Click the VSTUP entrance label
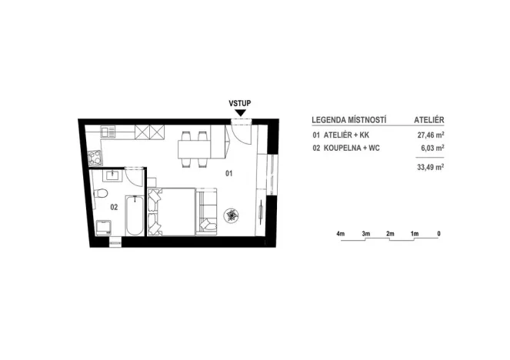(240, 102)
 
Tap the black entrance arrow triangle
(240, 113)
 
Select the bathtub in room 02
(135, 215)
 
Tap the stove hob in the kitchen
(95, 159)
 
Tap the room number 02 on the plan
(113, 206)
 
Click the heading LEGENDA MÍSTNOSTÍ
(348, 121)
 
